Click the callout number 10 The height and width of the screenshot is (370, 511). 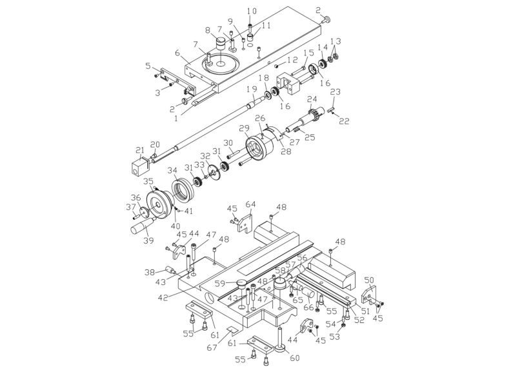point(252,11)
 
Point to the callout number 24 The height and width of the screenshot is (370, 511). point(312,99)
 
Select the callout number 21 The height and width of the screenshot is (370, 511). point(137,150)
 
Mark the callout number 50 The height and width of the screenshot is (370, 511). point(369,280)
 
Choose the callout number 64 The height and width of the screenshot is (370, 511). point(250,204)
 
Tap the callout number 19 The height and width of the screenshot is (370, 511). point(251,88)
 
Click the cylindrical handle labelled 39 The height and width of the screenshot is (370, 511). point(140,228)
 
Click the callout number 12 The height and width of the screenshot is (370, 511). point(293,61)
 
